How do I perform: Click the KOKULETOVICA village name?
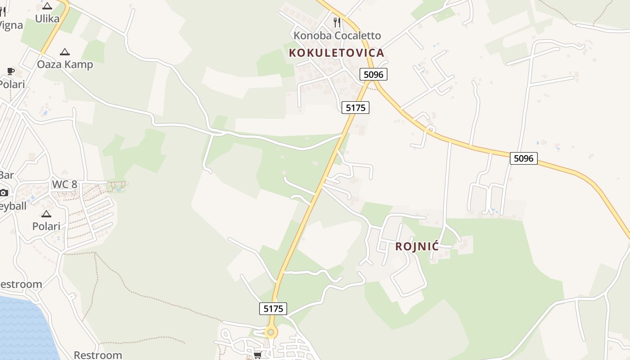tap(336, 53)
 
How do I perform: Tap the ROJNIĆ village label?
tap(417, 246)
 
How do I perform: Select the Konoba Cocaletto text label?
tap(337, 36)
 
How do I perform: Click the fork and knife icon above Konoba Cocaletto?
tap(337, 22)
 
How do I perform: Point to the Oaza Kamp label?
tap(65, 64)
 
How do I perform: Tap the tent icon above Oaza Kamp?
tap(65, 52)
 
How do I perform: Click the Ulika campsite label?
tap(47, 18)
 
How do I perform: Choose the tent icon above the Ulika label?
tap(47, 6)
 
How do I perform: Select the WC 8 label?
tap(64, 184)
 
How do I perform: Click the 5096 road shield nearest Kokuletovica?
tap(373, 74)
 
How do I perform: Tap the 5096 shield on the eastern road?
tap(524, 158)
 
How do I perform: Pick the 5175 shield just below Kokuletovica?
tap(355, 108)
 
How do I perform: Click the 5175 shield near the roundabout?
tap(273, 308)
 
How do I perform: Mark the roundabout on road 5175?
tap(270, 333)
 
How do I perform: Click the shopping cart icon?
tap(257, 355)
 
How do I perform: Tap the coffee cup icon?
tap(10, 71)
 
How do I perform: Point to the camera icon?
tap(4, 193)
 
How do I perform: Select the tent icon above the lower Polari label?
tap(46, 214)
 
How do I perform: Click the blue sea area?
tap(22, 328)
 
